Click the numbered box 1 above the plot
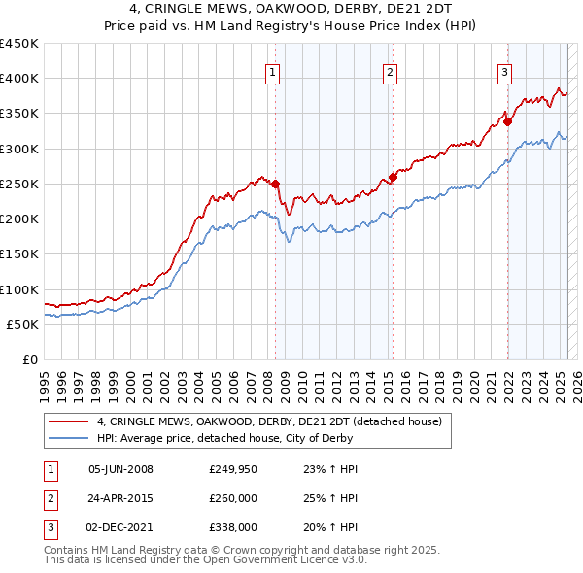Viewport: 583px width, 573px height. click(x=272, y=71)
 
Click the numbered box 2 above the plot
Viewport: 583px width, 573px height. click(x=390, y=71)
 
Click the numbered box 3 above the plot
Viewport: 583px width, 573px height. click(x=505, y=71)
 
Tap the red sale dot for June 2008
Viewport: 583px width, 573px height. click(x=275, y=184)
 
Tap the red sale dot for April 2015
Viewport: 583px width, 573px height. click(x=393, y=177)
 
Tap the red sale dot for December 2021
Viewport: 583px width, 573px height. click(x=507, y=121)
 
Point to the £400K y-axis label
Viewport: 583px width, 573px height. click(x=19, y=79)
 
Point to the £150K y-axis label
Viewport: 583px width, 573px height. click(x=19, y=254)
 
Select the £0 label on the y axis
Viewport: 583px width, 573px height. click(x=29, y=359)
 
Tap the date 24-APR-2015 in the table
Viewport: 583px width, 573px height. click(x=120, y=498)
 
